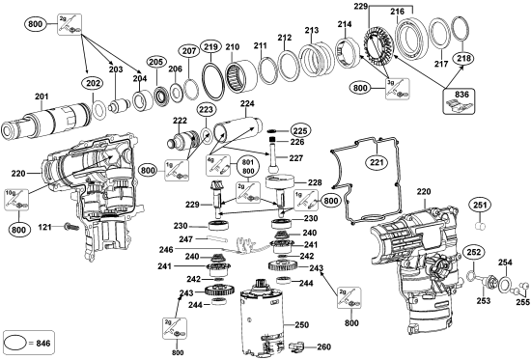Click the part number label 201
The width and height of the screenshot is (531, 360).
click(42, 96)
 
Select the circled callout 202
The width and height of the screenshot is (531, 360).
click(94, 83)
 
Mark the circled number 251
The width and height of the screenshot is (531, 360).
click(480, 205)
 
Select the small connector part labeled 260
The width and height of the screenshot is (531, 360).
click(296, 346)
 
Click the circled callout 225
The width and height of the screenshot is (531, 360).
click(299, 129)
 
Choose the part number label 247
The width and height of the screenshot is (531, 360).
click(187, 239)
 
